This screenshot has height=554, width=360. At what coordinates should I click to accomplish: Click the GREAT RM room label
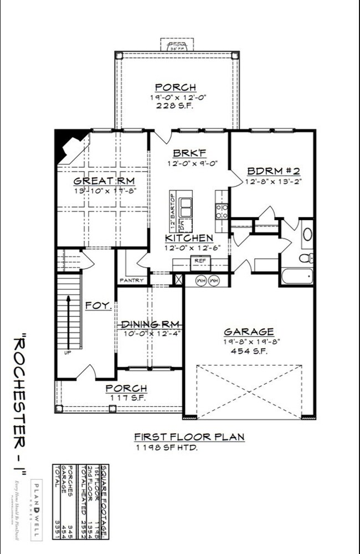105,181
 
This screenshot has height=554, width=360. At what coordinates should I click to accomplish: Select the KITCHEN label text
189,238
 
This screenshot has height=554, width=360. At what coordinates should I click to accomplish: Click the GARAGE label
248,332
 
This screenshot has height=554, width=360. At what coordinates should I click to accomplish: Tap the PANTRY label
132,281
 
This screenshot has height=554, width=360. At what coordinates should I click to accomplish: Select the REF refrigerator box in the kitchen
199,260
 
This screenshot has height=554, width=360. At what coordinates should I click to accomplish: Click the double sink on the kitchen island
184,206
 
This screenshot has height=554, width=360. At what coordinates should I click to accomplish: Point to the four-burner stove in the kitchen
222,210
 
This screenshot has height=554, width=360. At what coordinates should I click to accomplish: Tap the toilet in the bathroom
306,257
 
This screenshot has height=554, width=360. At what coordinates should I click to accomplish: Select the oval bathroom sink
307,235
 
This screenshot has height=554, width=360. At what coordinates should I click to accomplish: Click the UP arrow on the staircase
68,321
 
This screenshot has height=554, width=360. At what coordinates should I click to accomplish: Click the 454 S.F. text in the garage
249,350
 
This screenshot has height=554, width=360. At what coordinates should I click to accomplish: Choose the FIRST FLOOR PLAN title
189,437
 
